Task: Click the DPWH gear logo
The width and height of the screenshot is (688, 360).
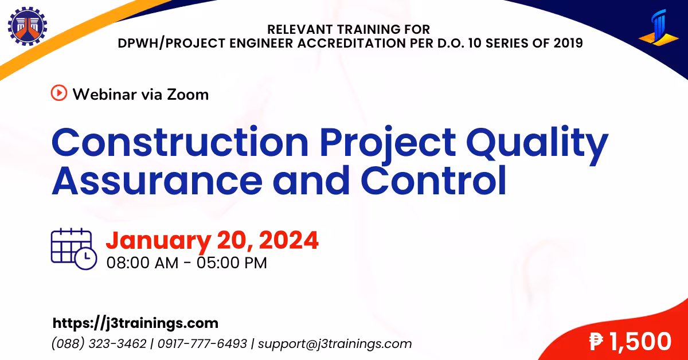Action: coord(28,26)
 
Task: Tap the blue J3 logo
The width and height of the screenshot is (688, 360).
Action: coord(659,28)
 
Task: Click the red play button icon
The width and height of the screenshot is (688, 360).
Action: coord(59,93)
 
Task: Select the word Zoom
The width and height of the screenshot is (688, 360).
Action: coord(187,95)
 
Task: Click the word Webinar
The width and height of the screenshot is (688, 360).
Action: coord(105,94)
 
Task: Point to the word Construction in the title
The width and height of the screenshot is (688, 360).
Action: coord(180,142)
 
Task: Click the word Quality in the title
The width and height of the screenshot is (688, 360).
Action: coord(537,145)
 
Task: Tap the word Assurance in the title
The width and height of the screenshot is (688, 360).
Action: coord(157,181)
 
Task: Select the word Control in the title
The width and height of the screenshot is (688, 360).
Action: coord(433,180)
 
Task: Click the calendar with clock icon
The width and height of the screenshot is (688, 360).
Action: coord(74,249)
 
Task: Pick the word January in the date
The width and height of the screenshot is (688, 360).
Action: coord(158,241)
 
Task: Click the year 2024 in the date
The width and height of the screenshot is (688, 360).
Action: coord(289,240)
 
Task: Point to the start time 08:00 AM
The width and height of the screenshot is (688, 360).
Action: coord(142,263)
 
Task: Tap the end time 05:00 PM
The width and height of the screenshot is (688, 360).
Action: coord(232,263)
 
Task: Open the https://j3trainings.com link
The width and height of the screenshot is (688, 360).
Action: coord(135,323)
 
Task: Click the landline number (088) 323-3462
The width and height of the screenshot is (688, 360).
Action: coord(99,344)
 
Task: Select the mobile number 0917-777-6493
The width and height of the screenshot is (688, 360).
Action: coord(202,344)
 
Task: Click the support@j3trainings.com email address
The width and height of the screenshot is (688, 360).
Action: coord(335,344)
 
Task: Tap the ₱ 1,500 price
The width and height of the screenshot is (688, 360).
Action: coord(630,341)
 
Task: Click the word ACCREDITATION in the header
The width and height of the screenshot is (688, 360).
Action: coord(351,43)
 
